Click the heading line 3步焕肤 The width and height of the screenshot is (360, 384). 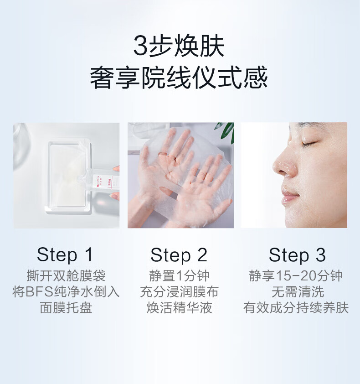click(x=179, y=46)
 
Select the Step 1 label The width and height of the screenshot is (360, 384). click(x=65, y=255)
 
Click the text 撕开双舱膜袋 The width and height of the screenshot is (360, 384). click(x=66, y=276)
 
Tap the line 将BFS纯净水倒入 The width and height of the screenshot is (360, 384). click(x=66, y=292)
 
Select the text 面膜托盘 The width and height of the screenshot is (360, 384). click(x=66, y=308)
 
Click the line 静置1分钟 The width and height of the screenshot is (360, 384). click(x=179, y=276)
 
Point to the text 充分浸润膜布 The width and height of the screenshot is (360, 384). click(x=179, y=292)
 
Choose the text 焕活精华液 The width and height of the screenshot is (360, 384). click(x=179, y=308)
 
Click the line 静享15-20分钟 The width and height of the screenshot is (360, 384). click(x=296, y=276)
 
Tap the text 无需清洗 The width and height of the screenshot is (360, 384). click(x=298, y=292)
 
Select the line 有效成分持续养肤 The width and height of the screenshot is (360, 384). click(x=296, y=308)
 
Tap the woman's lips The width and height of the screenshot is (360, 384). click(x=290, y=196)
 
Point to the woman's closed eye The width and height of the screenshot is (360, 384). click(x=309, y=145)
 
